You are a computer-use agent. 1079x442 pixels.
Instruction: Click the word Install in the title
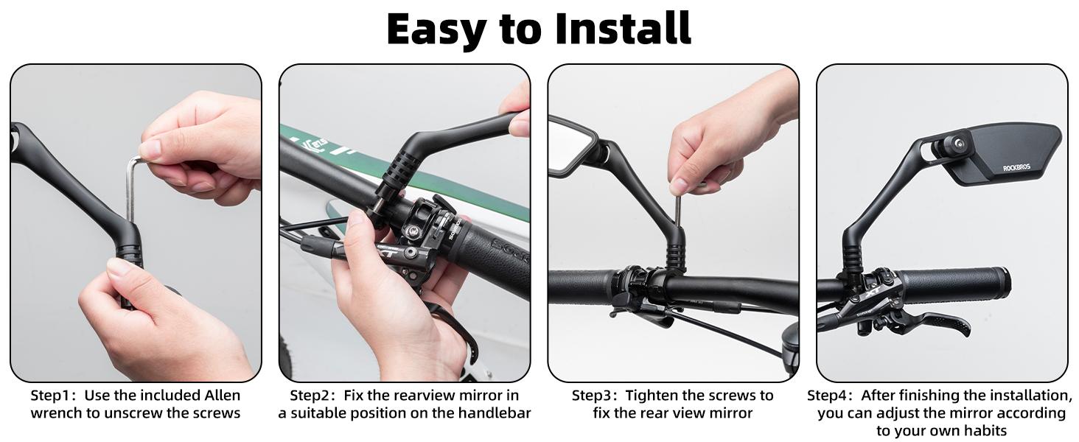click(623, 29)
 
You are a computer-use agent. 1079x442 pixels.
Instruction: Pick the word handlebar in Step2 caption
click(495, 413)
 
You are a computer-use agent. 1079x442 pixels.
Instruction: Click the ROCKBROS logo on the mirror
click(1018, 168)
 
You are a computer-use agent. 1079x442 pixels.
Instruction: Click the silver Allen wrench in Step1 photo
click(132, 188)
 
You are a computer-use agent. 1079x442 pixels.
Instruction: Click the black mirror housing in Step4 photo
click(1010, 151)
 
